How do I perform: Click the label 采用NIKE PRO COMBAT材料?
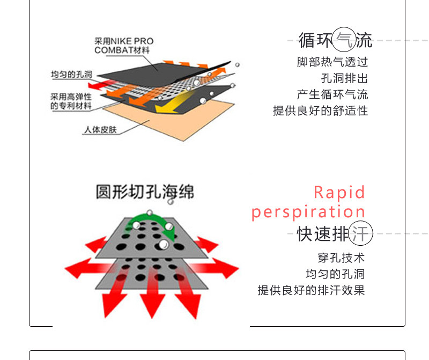123,46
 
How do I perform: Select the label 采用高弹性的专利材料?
71,101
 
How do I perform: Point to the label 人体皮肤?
100,129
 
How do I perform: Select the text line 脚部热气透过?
332,62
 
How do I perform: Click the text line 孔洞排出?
345,78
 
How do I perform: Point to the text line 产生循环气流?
332,94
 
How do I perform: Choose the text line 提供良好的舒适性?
321,111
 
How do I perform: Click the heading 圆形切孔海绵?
145,192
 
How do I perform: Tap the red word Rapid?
339,192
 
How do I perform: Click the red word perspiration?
308,212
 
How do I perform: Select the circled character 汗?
360,234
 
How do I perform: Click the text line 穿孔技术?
341,258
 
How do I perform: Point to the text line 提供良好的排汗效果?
311,290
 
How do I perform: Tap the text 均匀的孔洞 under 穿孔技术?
335,274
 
